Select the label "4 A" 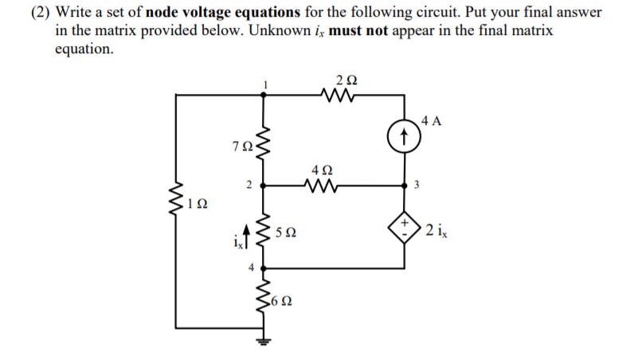(x=432, y=121)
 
